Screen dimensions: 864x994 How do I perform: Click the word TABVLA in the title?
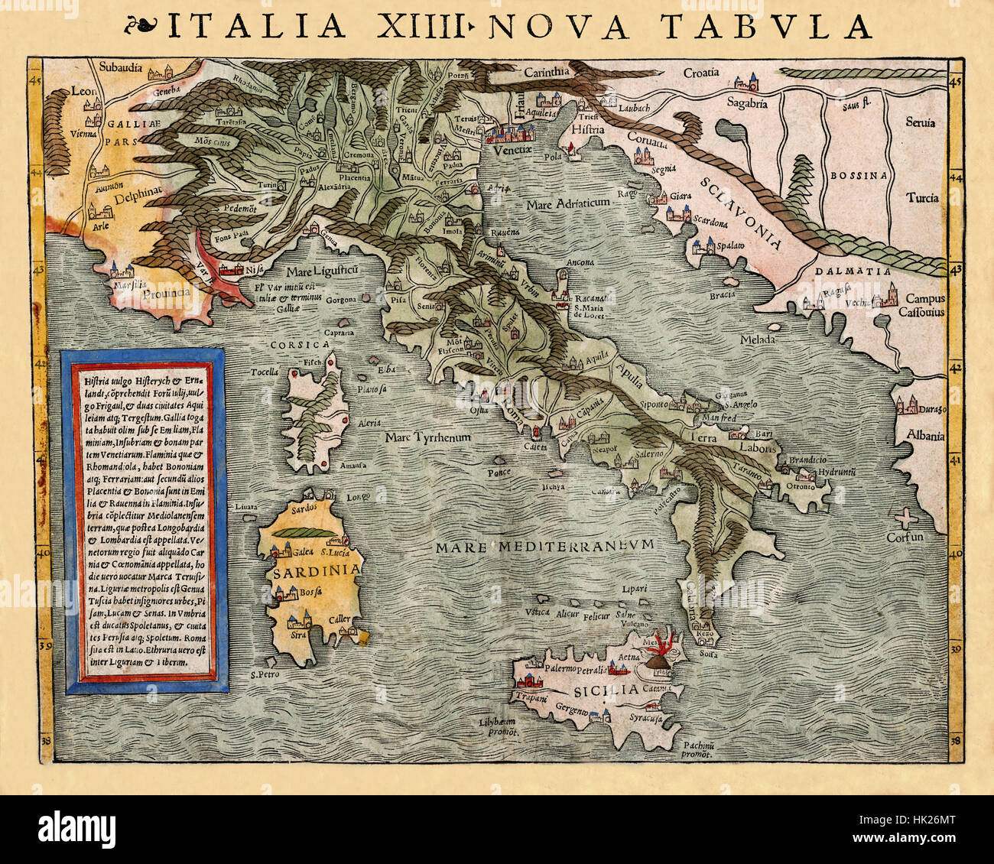766,27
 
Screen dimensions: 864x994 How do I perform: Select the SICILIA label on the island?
603,690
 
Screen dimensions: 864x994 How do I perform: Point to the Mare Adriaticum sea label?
567,203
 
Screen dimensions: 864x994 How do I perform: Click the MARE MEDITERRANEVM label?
545,545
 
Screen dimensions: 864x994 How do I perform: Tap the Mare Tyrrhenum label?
427,437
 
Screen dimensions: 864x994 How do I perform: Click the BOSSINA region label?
859,175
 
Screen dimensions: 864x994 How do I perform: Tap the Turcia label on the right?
922,197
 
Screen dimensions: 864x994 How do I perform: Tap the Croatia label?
700,73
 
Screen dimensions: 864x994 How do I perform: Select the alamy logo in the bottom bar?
76,828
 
